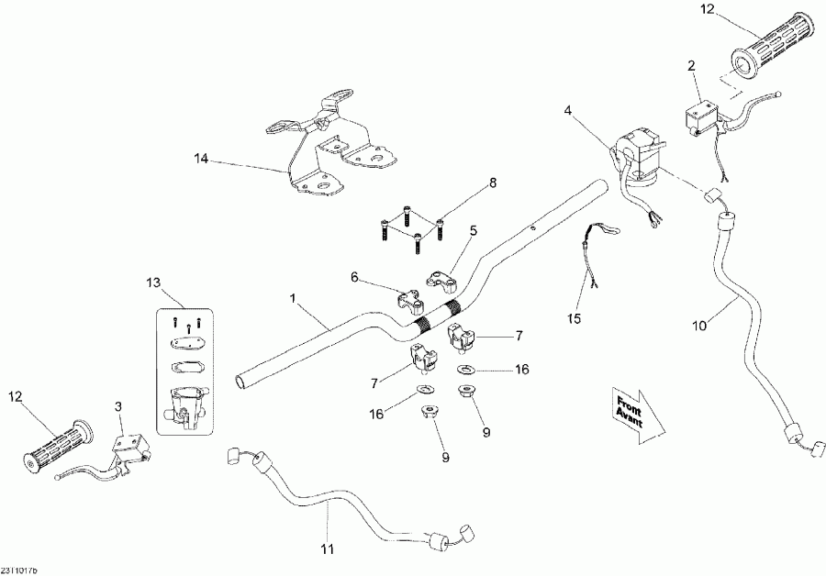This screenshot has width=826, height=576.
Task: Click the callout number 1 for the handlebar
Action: (293, 298)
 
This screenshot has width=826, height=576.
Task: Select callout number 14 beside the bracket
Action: (201, 159)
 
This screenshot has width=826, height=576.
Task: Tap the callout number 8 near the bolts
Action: (492, 183)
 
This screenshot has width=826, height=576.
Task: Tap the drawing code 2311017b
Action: (22, 569)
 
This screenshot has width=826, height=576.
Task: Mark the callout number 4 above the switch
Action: (568, 111)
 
